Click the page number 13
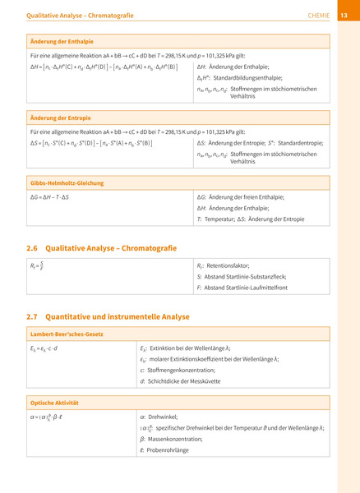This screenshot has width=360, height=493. point(344,14)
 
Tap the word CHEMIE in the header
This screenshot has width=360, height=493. point(318,14)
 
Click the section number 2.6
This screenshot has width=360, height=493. point(33,246)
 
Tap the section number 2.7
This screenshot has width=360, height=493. point(33,316)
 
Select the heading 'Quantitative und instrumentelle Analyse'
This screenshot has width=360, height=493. point(118,316)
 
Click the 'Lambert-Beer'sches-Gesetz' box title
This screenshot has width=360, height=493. point(67,335)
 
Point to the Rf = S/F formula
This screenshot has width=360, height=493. point(37,266)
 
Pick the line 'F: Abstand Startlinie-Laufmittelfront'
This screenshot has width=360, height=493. point(242,288)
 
